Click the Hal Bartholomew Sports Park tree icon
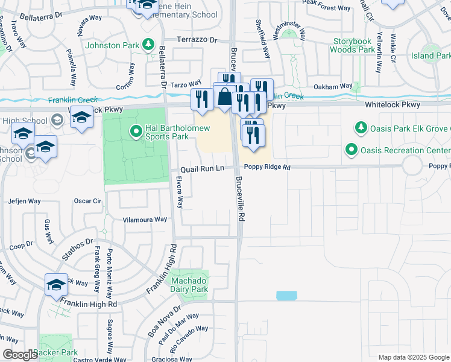coord(137,130)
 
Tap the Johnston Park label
coord(112,45)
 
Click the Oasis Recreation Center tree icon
coord(350,149)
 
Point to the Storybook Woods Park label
coord(353,45)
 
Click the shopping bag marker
coord(224,97)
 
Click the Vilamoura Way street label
coord(145,220)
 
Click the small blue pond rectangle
coord(286,296)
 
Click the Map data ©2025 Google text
coord(414,357)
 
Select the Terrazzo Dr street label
coord(197,40)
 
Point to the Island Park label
coord(430,56)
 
